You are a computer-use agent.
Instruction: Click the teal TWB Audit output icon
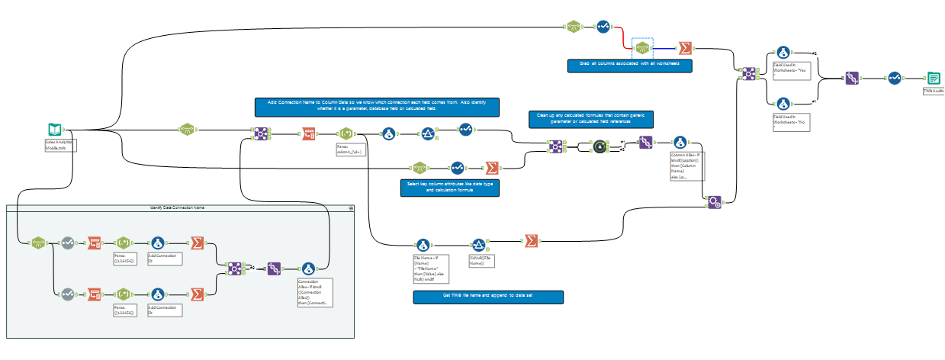click(x=933, y=78)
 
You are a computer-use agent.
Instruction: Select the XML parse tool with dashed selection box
click(x=642, y=48)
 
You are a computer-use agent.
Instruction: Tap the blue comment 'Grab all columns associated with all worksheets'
click(x=629, y=66)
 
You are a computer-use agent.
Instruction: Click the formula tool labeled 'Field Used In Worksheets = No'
click(x=782, y=103)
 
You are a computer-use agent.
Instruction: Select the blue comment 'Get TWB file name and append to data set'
click(x=487, y=297)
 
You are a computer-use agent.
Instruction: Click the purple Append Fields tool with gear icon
click(x=714, y=202)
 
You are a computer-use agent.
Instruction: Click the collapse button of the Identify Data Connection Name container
click(x=351, y=207)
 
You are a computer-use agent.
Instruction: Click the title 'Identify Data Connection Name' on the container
click(x=177, y=207)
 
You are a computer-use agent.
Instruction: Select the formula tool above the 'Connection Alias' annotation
click(x=309, y=268)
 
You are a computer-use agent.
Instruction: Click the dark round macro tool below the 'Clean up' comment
click(x=599, y=146)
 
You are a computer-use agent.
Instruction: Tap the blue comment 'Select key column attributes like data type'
click(x=449, y=188)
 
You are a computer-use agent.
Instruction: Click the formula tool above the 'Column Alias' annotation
click(x=679, y=142)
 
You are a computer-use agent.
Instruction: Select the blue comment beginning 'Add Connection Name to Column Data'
click(x=377, y=107)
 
